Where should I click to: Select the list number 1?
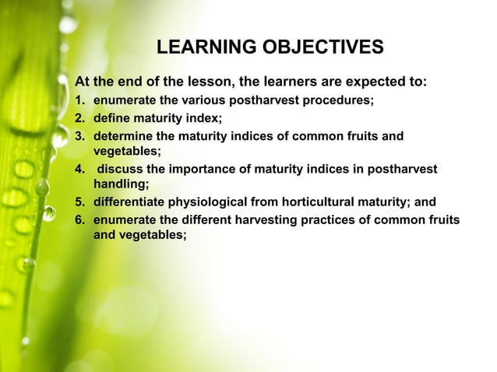click(79, 100)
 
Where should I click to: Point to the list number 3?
click(79, 135)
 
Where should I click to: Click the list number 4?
click(79, 169)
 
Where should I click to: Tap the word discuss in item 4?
click(121, 169)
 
